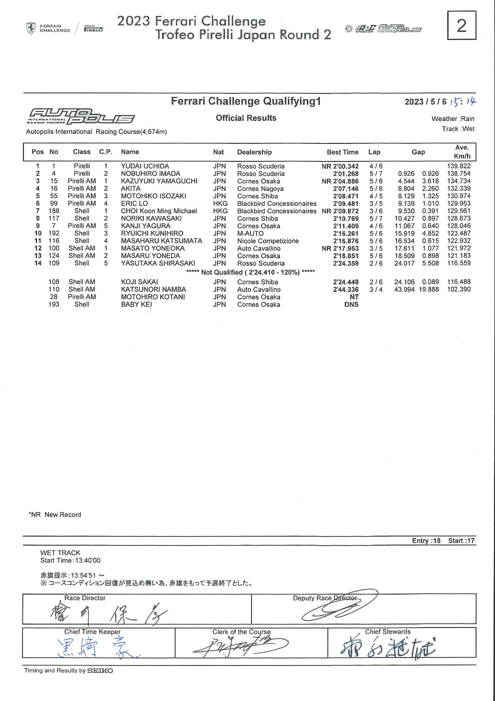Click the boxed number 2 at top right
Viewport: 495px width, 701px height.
pyautogui.click(x=462, y=25)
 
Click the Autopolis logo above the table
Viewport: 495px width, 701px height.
pyautogui.click(x=81, y=115)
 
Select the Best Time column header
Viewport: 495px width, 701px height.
pyautogui.click(x=342, y=152)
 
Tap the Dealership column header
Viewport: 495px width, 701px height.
pyautogui.click(x=254, y=152)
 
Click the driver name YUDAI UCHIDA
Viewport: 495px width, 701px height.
pyautogui.click(x=145, y=166)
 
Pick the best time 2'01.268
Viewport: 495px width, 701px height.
pyautogui.click(x=346, y=174)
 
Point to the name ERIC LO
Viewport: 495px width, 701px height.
pyautogui.click(x=134, y=204)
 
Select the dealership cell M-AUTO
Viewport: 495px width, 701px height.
pyautogui.click(x=250, y=233)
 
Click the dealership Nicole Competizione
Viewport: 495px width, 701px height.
pyautogui.click(x=268, y=241)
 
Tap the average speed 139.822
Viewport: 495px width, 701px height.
pyautogui.click(x=459, y=166)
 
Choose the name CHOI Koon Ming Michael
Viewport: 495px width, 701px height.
pyautogui.click(x=159, y=211)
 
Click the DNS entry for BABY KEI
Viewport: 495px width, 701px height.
pyautogui.click(x=351, y=305)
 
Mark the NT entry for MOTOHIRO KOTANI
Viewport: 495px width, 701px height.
pyautogui.click(x=354, y=297)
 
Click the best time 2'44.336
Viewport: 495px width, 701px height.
pyautogui.click(x=346, y=290)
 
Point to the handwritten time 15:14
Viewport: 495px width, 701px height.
pyautogui.click(x=463, y=102)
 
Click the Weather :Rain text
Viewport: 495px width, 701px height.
pyautogui.click(x=453, y=119)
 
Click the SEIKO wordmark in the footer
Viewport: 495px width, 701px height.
pyautogui.click(x=100, y=671)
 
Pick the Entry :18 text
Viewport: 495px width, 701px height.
pyautogui.click(x=426, y=541)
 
